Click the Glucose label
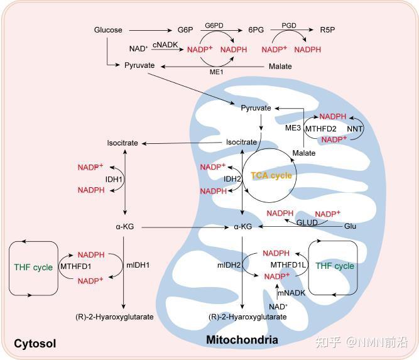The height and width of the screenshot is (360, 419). coord(108,30)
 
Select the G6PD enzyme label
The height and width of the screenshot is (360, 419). coord(214,25)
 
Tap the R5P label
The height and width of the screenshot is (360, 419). coord(327,30)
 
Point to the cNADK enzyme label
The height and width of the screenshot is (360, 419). coord(165,45)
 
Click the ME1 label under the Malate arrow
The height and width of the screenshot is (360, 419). coord(217,72)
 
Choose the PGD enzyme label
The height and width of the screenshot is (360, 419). coord(289,25)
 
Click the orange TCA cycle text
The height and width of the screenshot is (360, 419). coord(271,175)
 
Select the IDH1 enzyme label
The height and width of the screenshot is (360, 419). coord(114,179)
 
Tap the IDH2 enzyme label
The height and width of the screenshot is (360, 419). coord(232,179)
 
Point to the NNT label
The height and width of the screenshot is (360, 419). coord(354,129)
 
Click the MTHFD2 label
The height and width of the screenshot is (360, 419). coord(320,129)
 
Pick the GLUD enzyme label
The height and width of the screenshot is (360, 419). coord(307,222)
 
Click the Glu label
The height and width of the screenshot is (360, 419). coord(350,226)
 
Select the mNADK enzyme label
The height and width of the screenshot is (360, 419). coord(291,293)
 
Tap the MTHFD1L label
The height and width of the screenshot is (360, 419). coord(288,265)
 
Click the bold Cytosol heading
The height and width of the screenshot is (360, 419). coord(35,344)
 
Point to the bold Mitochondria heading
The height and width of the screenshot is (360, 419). coord(242,340)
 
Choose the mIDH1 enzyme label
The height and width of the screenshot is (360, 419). coord(138,265)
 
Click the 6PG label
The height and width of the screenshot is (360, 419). coord(256,30)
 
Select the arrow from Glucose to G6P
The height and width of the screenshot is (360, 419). coord(150,30)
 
